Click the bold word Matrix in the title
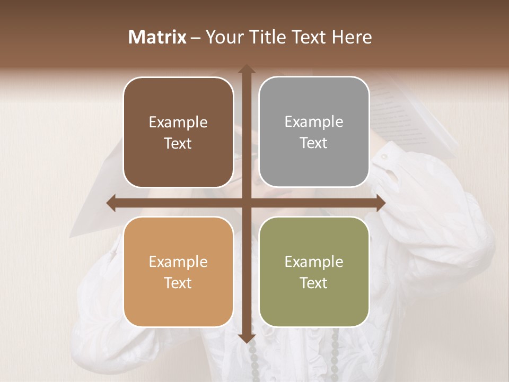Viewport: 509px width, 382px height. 157,37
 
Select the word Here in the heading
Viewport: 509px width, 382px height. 352,37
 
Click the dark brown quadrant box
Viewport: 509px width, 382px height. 178,133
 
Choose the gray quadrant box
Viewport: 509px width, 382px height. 314,132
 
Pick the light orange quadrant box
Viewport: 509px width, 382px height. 178,272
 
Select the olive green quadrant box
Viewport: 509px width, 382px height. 314,272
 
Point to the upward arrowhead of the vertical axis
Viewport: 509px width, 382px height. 246,70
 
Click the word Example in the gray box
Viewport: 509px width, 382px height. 314,121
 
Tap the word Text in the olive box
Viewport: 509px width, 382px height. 314,283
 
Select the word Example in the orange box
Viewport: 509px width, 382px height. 178,262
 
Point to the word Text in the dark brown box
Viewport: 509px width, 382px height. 178,143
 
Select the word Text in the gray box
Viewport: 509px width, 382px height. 314,143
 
